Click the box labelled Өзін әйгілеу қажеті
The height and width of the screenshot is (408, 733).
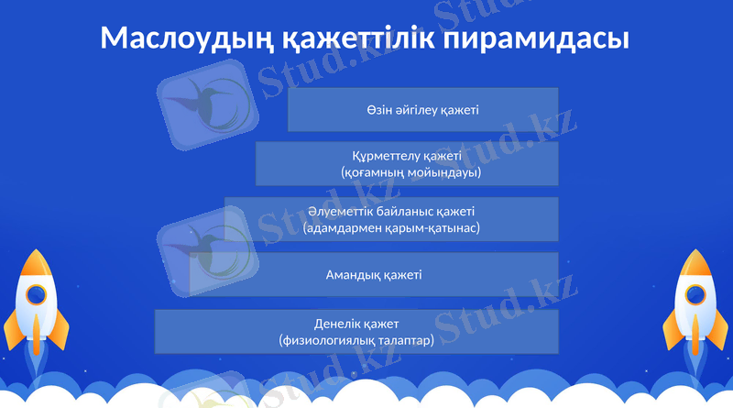click(422, 110)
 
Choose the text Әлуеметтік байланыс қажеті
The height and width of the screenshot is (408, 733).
click(391, 212)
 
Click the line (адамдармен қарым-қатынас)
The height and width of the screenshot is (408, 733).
click(391, 227)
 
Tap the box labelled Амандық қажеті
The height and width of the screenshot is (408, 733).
click(374, 274)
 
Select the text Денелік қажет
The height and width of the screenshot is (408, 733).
click(356, 324)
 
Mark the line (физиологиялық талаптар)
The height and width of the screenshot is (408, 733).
click(356, 340)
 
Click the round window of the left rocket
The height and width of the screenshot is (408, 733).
click(36, 295)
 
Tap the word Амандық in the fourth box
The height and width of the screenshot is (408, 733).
click(350, 274)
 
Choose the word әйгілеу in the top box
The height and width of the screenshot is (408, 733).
click(415, 110)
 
